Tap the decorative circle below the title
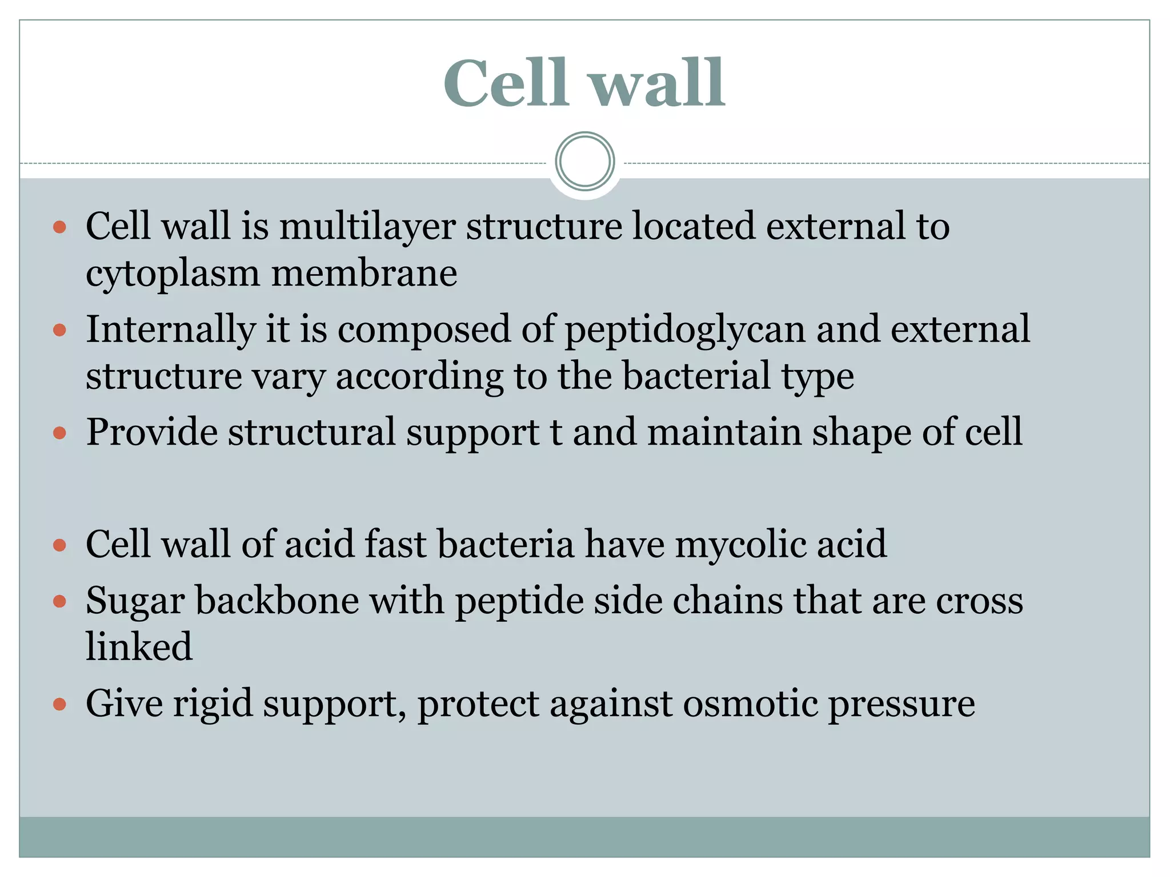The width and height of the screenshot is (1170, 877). (x=584, y=161)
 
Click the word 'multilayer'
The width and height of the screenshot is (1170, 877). (x=367, y=226)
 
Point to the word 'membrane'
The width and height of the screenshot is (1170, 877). (x=364, y=273)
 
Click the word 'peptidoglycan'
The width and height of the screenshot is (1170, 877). (x=685, y=330)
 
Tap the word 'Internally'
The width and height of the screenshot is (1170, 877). (x=171, y=330)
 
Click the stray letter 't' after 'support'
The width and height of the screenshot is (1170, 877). (x=556, y=432)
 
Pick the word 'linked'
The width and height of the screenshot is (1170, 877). (x=139, y=647)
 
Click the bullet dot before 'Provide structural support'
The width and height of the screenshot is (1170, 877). (x=59, y=433)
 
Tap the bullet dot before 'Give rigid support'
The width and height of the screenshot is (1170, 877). (x=59, y=704)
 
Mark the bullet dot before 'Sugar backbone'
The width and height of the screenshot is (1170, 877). (x=59, y=601)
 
